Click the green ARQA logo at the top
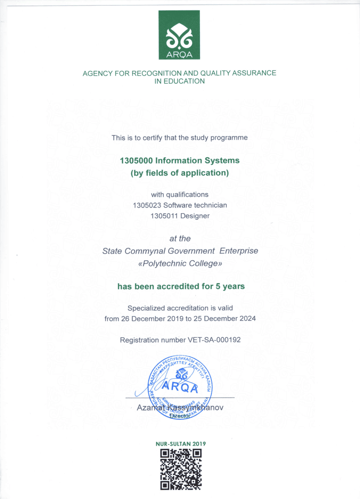tap(179, 35)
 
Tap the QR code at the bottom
tap(181, 469)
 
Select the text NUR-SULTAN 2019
tap(181, 444)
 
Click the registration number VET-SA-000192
tap(214, 340)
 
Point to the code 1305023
tap(147, 205)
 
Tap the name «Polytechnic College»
tap(180, 263)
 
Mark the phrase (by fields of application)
tap(180, 173)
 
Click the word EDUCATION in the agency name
tap(184, 81)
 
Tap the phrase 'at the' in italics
tap(180, 239)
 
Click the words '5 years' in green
tap(230, 287)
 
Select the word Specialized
tap(146, 308)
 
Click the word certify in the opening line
tap(152, 138)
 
